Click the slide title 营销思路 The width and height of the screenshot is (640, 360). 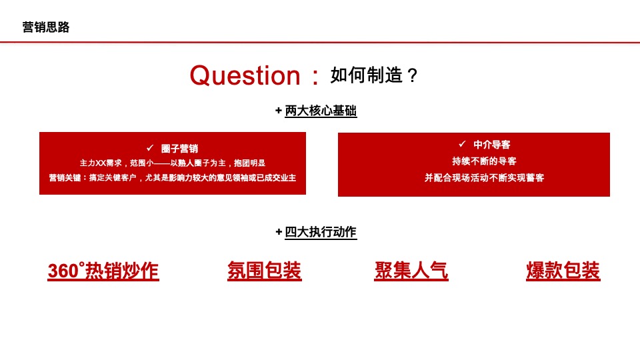[x=45, y=27]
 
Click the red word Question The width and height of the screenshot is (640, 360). [x=245, y=75]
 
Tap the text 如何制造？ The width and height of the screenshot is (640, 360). [x=374, y=75]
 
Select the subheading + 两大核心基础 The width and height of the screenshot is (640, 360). [x=316, y=111]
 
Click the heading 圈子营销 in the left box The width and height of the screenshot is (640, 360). [x=179, y=148]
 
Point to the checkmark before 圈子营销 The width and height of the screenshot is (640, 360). [x=150, y=147]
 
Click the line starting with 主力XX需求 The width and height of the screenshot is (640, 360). [x=173, y=163]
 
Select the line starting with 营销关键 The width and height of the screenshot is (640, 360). [x=173, y=178]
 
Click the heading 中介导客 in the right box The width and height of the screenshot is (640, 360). [x=492, y=145]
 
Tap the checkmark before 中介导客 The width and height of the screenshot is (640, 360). [x=462, y=144]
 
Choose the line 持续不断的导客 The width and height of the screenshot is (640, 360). [x=475, y=161]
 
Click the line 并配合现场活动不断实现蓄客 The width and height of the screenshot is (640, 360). [x=475, y=178]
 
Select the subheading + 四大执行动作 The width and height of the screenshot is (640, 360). [x=316, y=232]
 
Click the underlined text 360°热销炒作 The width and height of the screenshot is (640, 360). [x=103, y=271]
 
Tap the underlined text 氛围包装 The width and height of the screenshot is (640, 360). [x=264, y=271]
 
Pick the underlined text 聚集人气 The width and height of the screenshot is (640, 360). [x=411, y=271]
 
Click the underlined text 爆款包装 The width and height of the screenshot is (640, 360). [x=563, y=271]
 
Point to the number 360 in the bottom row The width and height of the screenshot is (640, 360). [x=63, y=272]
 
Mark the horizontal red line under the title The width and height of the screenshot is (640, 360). [x=320, y=42]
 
